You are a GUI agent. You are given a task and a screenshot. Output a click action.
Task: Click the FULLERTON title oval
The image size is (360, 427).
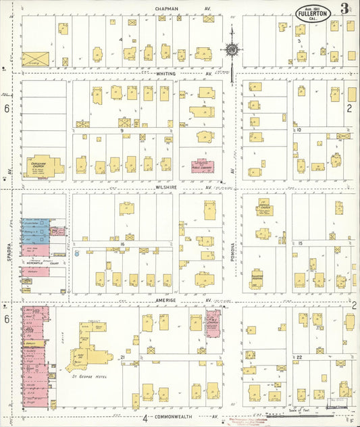[x=312, y=14]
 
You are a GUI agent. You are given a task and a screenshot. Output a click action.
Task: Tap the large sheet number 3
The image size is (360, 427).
[x=345, y=9]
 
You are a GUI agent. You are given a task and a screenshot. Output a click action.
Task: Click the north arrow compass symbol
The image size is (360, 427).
[x=231, y=49]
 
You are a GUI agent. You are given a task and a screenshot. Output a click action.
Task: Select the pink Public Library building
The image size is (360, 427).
[x=201, y=166]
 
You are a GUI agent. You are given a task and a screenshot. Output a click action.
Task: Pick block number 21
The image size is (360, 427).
[x=122, y=356]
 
